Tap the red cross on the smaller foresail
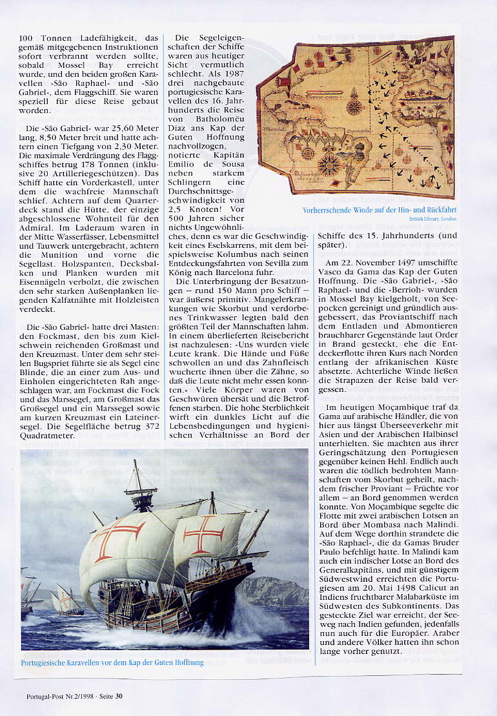pos(203,533)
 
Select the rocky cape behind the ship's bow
pos(274,591)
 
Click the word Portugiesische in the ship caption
pos(48,662)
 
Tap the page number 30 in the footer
pos(119,696)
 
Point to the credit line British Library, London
pos(432,219)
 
